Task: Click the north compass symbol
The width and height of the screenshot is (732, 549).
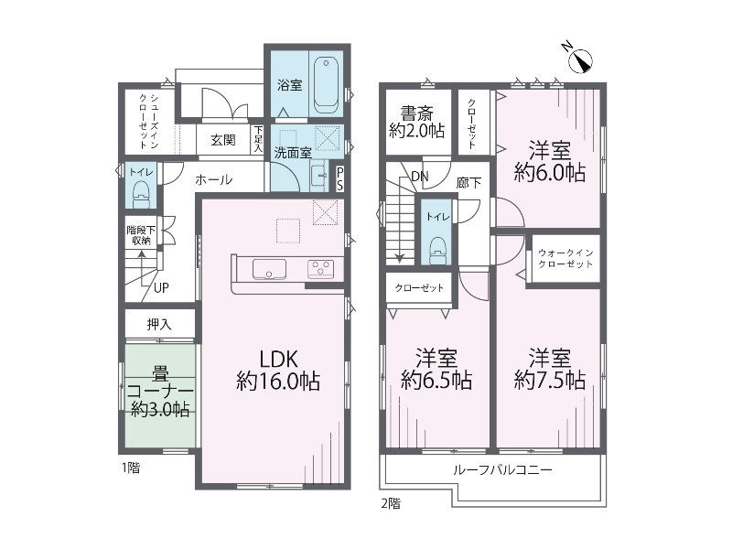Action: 580,59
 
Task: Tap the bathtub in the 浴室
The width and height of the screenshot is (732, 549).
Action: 327,84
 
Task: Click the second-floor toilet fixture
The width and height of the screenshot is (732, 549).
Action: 437,250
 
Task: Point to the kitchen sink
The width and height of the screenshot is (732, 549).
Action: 269,269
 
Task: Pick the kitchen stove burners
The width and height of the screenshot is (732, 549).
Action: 321,268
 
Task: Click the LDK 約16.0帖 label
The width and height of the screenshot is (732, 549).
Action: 278,371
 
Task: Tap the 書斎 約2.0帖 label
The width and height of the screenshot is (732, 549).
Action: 417,123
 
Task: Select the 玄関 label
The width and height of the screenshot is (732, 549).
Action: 222,140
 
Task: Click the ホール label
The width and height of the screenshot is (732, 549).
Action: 213,179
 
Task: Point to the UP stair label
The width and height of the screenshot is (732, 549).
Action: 161,288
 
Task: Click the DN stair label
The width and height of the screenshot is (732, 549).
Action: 420,177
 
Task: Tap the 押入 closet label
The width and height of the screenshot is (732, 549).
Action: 159,325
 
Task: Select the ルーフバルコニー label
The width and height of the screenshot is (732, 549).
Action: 502,469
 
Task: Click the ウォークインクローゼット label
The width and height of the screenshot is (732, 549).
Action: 565,258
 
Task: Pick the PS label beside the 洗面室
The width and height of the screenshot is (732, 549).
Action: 339,178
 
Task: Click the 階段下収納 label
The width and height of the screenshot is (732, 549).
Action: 141,236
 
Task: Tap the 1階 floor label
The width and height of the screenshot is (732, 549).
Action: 131,468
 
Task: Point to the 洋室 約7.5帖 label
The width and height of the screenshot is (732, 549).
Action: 550,370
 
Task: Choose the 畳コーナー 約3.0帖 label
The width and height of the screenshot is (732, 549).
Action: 160,392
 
